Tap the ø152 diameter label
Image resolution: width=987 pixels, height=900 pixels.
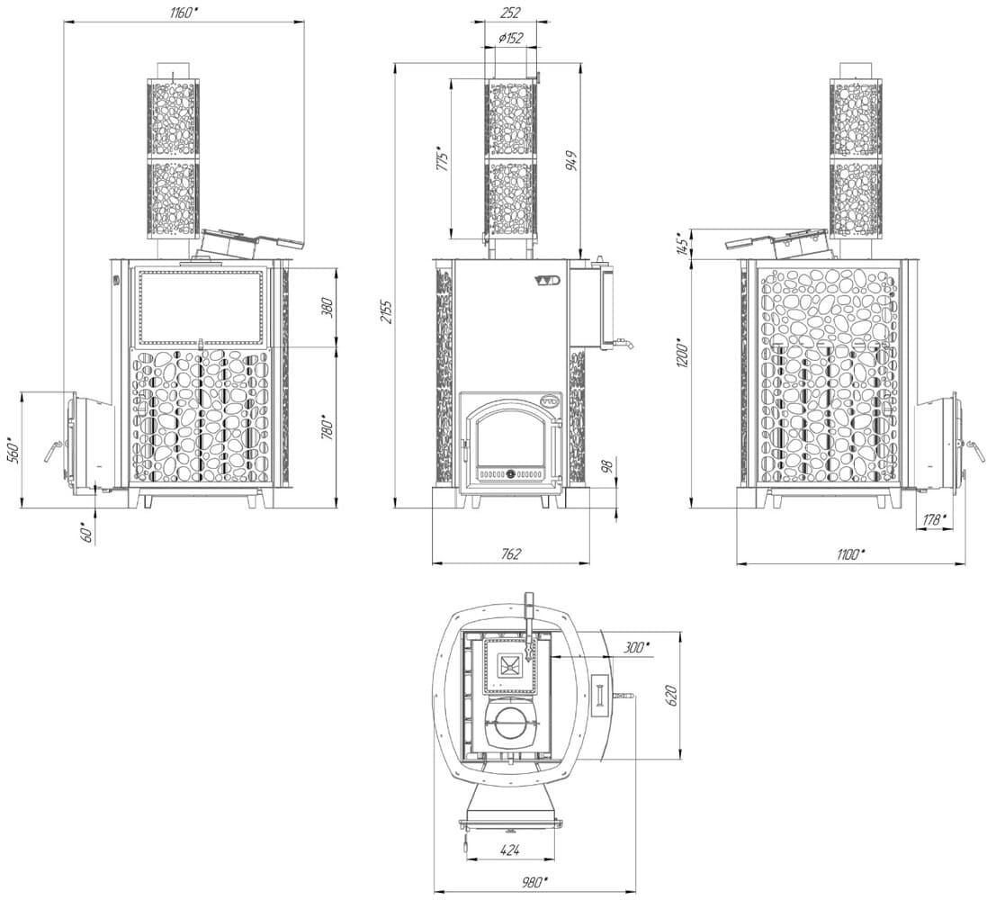[510, 39]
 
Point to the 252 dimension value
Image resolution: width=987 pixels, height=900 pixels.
[510, 12]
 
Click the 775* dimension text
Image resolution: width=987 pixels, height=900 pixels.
[443, 160]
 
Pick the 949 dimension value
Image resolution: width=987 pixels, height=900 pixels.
[571, 161]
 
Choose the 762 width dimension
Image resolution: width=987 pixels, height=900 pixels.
[511, 553]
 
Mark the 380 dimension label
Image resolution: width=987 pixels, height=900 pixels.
[327, 307]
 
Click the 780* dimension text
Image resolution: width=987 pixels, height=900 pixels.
[327, 428]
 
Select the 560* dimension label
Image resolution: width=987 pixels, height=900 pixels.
[13, 449]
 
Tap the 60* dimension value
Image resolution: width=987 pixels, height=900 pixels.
[87, 532]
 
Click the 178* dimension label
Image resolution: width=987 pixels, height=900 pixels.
[934, 519]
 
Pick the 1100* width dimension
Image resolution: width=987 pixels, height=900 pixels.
[851, 554]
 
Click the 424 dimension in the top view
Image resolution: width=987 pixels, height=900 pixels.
[510, 850]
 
